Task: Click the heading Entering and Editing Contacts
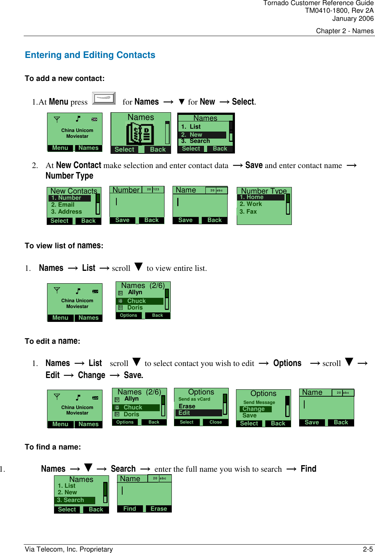pos(90,55)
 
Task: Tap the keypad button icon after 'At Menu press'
pos(104,98)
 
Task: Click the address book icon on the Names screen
pos(140,133)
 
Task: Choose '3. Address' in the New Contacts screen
pos(66,212)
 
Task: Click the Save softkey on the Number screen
pos(122,220)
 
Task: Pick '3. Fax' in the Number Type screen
pos(248,212)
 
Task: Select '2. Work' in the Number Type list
pos(251,204)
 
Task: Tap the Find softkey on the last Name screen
pos(129,509)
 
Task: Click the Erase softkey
pos(159,509)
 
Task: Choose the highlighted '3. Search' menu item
pos(74,500)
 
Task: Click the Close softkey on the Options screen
pos(216,422)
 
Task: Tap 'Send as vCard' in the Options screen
pos(194,399)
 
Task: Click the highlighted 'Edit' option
pos(199,413)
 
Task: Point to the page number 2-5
pos(368,549)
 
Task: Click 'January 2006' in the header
pos(353,19)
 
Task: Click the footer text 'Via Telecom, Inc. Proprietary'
pos(69,549)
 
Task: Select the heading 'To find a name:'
pos(53,447)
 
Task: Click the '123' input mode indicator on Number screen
pos(156,190)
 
